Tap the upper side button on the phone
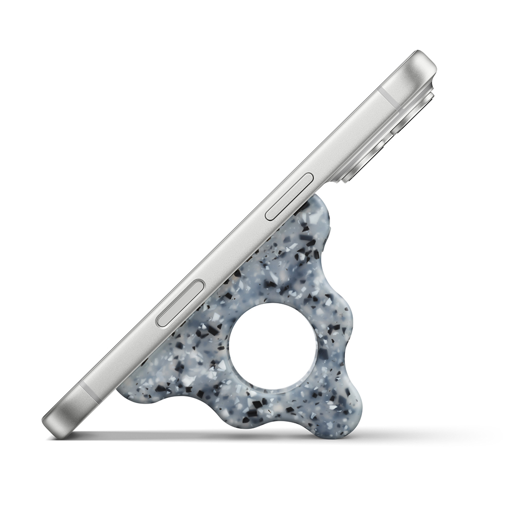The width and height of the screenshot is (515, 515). pyautogui.click(x=289, y=197)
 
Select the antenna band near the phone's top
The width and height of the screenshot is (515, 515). pyautogui.click(x=388, y=97)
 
